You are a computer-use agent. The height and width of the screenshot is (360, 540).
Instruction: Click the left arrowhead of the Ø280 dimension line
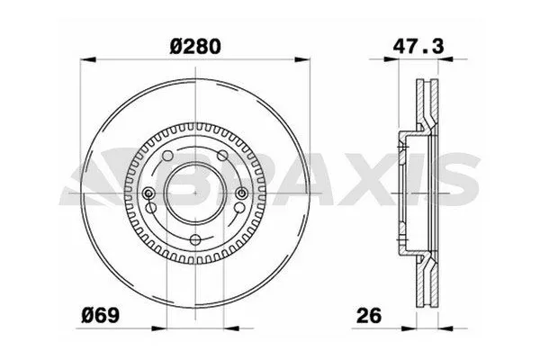(x=85, y=62)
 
